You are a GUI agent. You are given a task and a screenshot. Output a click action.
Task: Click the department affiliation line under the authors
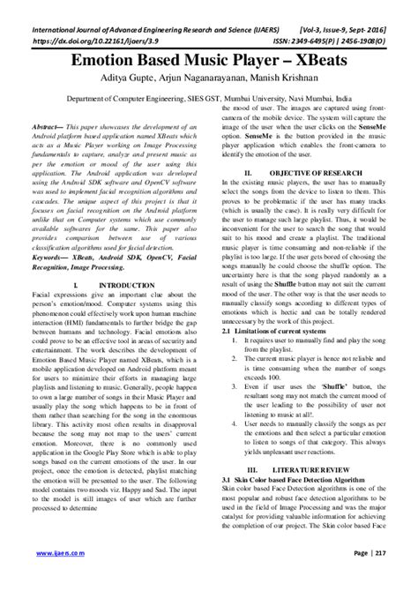point(209,101)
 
